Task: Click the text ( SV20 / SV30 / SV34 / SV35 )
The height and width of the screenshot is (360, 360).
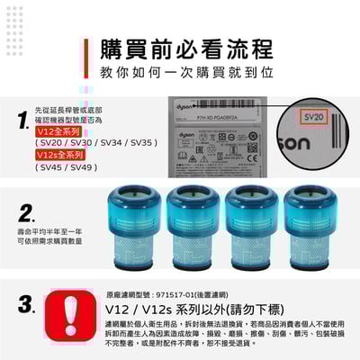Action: (x=95, y=142)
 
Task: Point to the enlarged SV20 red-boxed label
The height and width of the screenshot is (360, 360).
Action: (x=312, y=117)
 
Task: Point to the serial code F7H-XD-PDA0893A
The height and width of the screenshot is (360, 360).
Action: (x=205, y=105)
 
